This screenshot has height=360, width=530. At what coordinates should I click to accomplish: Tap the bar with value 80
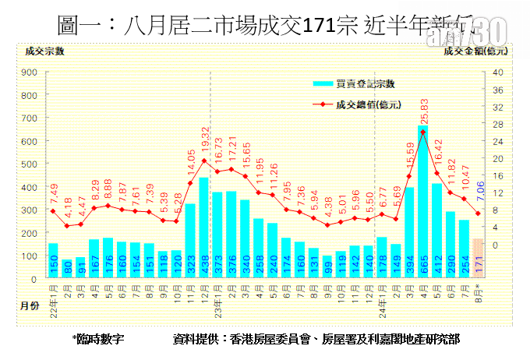pyautogui.click(x=67, y=269)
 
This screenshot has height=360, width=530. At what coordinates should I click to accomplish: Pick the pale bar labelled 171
pyautogui.click(x=479, y=259)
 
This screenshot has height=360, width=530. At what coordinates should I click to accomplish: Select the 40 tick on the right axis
pyautogui.click(x=498, y=72)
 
